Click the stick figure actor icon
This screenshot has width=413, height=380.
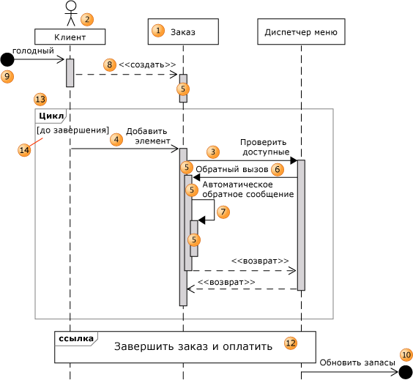(x=71, y=13)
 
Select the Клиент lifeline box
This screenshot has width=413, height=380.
(x=70, y=37)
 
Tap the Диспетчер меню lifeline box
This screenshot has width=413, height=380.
(x=301, y=31)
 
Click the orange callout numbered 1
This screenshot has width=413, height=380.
(x=158, y=31)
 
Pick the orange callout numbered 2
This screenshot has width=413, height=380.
(x=87, y=19)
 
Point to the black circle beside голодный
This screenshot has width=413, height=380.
(x=7, y=59)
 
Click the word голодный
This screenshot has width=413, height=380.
(x=33, y=51)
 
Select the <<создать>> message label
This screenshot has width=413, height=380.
(x=147, y=64)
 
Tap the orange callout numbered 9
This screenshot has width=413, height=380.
(x=7, y=77)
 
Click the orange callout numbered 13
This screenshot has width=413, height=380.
(x=40, y=100)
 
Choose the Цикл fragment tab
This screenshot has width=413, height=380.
(x=51, y=116)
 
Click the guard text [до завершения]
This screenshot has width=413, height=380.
(x=72, y=130)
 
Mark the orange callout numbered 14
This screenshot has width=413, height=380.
(x=24, y=150)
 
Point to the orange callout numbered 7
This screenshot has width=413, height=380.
(x=223, y=212)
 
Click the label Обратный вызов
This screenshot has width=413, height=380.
(x=232, y=169)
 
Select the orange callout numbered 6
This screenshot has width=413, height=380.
(x=278, y=169)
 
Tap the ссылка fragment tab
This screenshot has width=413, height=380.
(x=76, y=339)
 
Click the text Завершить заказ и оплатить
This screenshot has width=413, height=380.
(x=193, y=346)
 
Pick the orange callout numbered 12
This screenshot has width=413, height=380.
(x=291, y=343)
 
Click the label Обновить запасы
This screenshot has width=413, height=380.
(x=357, y=362)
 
